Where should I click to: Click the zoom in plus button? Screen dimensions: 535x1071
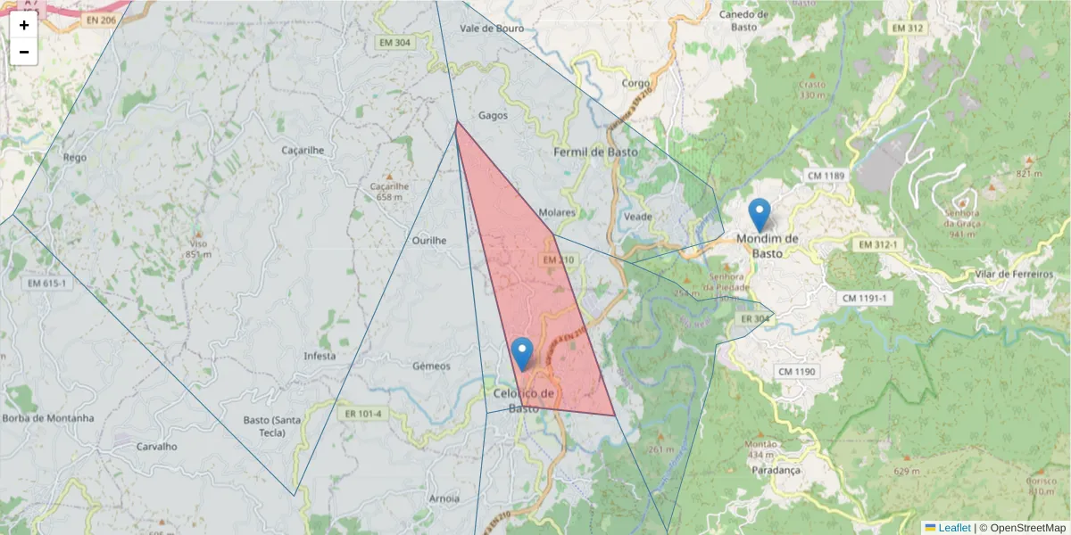24,25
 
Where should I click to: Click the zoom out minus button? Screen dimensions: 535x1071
24,52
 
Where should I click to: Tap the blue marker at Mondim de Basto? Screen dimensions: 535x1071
760,215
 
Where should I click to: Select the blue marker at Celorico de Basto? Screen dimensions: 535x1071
523,353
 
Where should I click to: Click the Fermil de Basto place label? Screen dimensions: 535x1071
595,152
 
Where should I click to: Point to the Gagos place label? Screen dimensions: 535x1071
493,115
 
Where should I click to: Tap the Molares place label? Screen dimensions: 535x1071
557,213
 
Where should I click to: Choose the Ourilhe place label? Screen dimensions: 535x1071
428,240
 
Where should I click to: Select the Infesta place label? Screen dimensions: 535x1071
320,356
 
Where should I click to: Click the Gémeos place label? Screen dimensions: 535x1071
431,366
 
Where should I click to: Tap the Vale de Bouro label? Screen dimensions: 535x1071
491,28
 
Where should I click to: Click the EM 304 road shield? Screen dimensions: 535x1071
394,42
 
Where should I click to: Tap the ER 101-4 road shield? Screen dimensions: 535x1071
362,414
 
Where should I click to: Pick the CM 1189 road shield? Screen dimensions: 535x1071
825,176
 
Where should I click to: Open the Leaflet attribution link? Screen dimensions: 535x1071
953,528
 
